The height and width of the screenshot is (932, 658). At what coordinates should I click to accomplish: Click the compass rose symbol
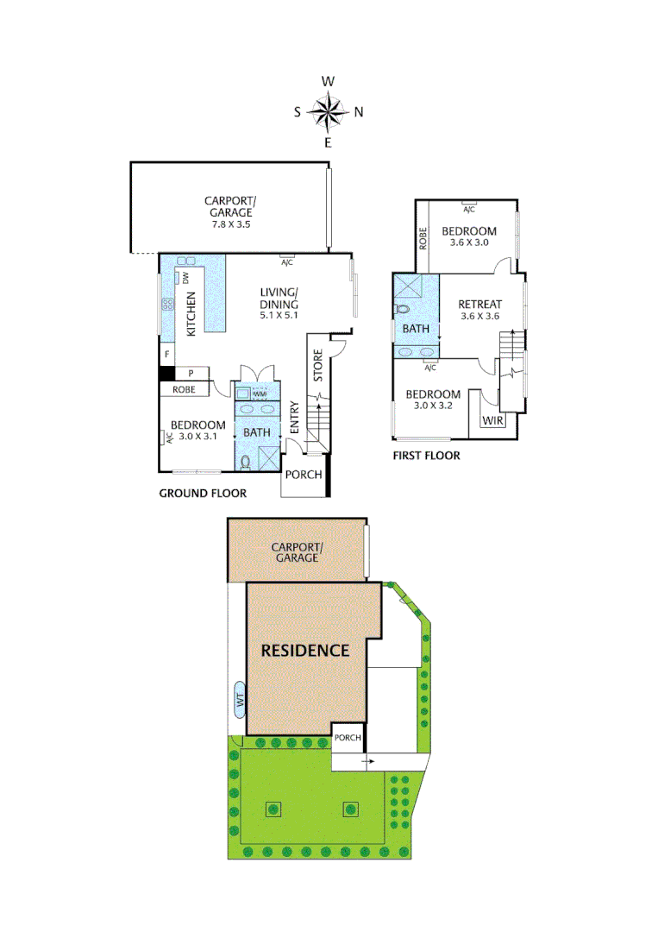coord(328,110)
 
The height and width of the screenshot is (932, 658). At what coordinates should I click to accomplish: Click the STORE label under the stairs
coord(317,366)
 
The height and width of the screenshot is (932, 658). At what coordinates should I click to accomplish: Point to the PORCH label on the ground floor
coord(304,475)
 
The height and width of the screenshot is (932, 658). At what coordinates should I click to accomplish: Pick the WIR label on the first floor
coord(492,420)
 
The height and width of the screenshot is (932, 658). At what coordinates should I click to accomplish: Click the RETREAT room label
coord(479,304)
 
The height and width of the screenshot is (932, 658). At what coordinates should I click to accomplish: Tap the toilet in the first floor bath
coord(403,308)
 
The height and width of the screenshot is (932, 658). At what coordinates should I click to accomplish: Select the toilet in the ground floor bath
coord(246,462)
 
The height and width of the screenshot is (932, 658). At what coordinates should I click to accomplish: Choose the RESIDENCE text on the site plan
coord(305,651)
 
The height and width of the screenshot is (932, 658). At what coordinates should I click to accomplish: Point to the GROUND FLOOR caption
coord(203,494)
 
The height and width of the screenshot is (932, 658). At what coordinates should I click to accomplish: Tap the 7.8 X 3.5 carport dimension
coord(230,224)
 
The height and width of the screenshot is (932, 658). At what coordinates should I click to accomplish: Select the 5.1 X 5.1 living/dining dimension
coord(279,315)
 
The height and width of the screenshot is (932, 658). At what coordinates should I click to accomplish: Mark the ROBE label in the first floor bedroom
coord(423,238)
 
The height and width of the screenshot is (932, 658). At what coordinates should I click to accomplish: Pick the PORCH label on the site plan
coord(348,738)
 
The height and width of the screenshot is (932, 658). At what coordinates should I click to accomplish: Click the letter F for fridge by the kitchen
coord(165,353)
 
